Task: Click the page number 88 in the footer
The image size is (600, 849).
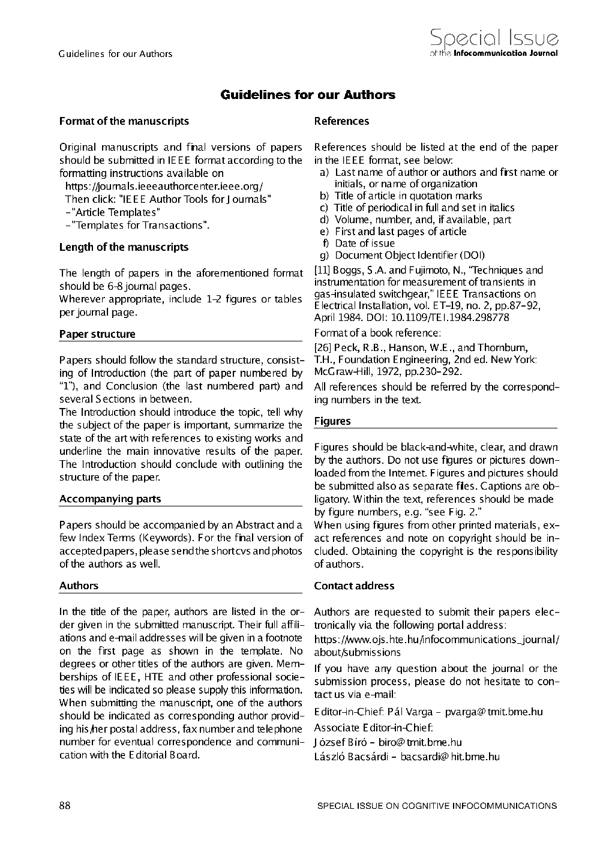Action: pos(65,805)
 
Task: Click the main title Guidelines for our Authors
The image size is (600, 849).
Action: pos(308,95)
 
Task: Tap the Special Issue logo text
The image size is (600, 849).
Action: pos(494,39)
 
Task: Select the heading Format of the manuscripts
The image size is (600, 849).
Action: pos(124,121)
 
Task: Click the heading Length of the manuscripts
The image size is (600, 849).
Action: pos(124,247)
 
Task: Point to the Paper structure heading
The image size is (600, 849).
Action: pos(97,334)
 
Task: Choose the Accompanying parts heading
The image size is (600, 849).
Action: pos(110,499)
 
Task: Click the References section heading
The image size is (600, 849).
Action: pos(341,121)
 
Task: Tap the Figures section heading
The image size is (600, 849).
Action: pos(332,421)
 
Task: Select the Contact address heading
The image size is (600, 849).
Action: pos(354,586)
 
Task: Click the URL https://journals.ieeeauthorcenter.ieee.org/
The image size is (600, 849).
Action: pos(164,186)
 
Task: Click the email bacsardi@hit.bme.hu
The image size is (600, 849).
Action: pos(450,757)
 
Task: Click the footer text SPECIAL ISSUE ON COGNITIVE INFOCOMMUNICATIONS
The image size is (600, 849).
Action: pos(437,806)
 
